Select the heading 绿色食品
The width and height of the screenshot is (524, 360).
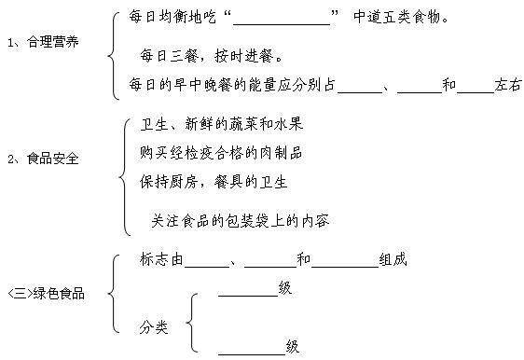coord(59,294)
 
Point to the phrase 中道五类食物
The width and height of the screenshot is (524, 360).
coord(402,18)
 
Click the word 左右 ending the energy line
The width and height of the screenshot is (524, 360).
coord(509,85)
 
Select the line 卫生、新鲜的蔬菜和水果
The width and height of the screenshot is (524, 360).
coord(220,124)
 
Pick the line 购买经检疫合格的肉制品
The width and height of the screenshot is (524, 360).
coord(220,152)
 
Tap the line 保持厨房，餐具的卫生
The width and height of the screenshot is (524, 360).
coord(214,180)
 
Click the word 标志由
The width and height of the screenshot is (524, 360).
coord(160,260)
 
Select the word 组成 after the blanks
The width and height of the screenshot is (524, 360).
coord(393,260)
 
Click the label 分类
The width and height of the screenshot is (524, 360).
coord(154,326)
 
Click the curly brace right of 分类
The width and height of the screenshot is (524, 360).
coord(190,322)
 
